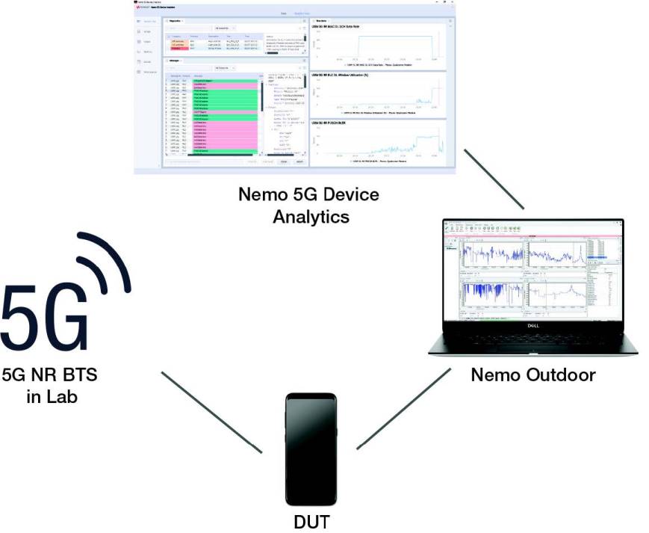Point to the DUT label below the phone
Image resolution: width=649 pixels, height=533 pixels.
(311, 521)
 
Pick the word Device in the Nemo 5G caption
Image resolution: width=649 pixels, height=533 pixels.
(346, 195)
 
